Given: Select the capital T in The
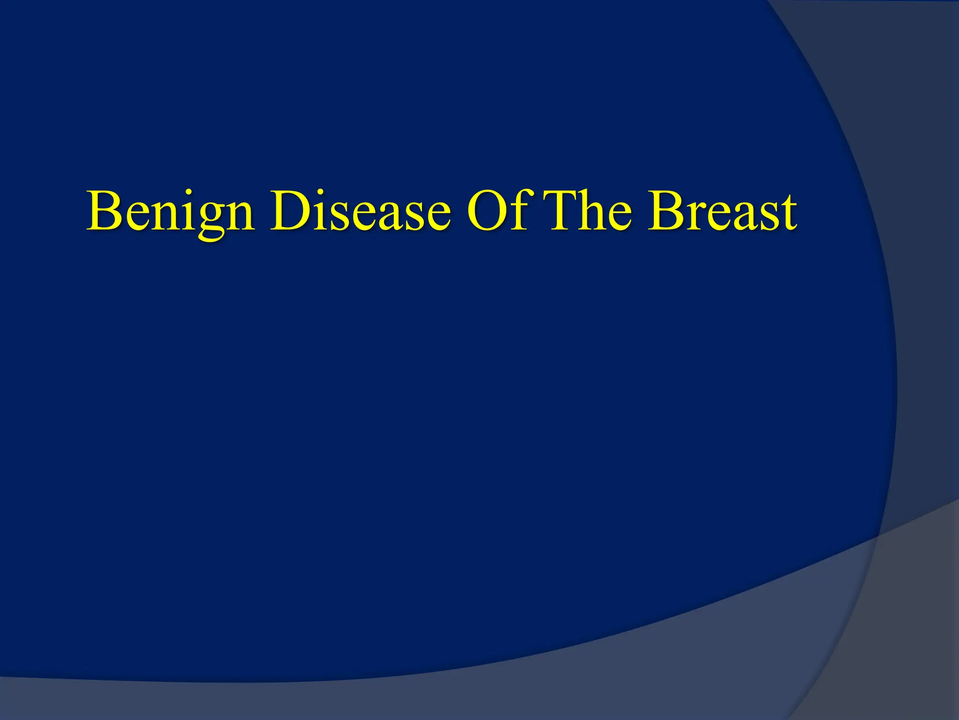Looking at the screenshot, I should (562, 211).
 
